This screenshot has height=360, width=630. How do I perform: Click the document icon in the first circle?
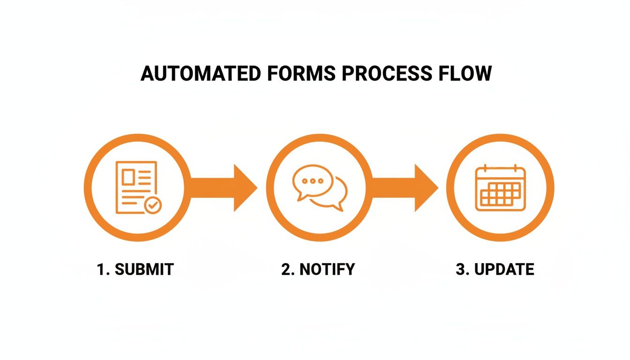point(136,187)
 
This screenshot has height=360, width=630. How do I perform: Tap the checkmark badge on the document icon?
point(152,205)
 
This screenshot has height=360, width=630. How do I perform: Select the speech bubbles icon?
point(320,187)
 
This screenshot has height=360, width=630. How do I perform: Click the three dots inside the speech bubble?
point(313,181)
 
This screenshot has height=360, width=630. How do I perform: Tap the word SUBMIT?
point(144,270)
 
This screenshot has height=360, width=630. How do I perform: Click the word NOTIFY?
point(326,270)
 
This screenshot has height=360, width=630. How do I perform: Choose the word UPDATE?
point(504,270)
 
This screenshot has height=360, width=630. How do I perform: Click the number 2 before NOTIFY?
point(285,270)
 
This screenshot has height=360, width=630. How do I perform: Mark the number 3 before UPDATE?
point(460,270)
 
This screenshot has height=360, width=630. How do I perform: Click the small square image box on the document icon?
point(128,177)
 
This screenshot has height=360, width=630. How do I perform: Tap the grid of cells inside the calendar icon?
point(501,194)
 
